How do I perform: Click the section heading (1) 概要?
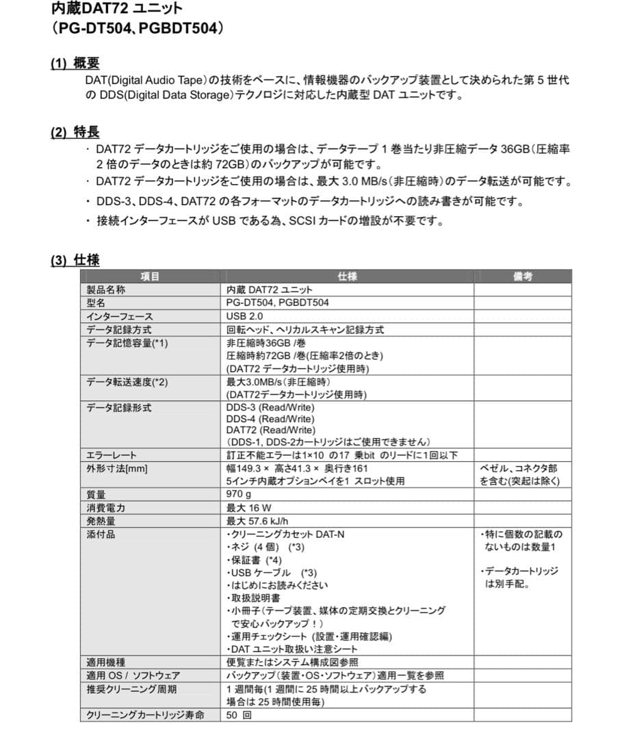click(75, 64)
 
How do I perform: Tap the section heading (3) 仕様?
click(75, 260)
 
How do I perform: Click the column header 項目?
click(150, 276)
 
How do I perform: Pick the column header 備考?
click(523, 276)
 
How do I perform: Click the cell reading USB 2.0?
click(244, 316)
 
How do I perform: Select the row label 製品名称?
click(106, 289)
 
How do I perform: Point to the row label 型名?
click(96, 302)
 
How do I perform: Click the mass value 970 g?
click(239, 494)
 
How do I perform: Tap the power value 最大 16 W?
click(249, 508)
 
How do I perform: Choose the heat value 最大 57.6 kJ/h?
click(257, 521)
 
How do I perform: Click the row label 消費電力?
click(106, 508)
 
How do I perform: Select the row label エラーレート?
click(112, 455)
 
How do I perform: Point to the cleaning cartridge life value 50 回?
click(239, 715)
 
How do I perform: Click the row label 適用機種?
click(106, 662)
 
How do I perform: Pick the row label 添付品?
click(101, 534)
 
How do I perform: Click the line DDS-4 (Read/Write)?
click(270, 419)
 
